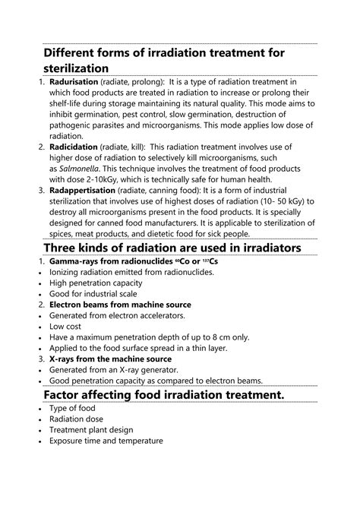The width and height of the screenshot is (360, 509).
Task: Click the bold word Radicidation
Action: pos(75,145)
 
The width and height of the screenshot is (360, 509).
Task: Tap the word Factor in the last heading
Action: pos(66,396)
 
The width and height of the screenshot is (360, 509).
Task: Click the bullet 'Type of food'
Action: pos(72,408)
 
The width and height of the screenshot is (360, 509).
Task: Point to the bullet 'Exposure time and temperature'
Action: pos(106,441)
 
